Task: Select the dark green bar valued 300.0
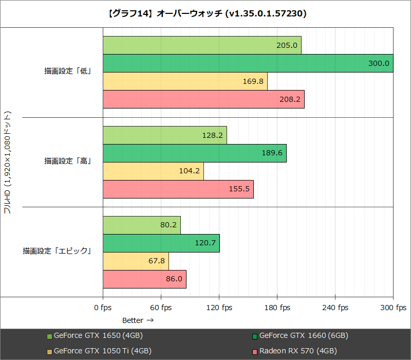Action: (x=248, y=63)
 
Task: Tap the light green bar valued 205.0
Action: (x=202, y=45)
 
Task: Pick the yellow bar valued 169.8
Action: (x=185, y=81)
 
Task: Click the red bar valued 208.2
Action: (x=203, y=99)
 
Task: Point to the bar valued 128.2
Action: (x=164, y=135)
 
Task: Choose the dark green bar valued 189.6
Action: (x=194, y=153)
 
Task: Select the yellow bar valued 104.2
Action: (x=153, y=171)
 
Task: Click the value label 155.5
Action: (x=239, y=189)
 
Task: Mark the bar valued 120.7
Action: (x=161, y=243)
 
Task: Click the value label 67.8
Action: (x=156, y=261)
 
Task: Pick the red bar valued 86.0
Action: (x=144, y=279)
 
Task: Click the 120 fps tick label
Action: (x=219, y=308)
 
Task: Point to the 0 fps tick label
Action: (x=103, y=308)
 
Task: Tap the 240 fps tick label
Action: (x=335, y=308)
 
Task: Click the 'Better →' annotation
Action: (x=138, y=320)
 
